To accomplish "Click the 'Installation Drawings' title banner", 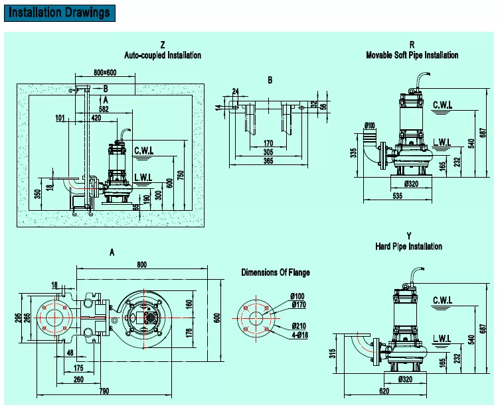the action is click(59, 13).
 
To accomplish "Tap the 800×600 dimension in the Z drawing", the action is click(105, 72).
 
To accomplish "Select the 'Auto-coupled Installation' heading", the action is click(163, 55).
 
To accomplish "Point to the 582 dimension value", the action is click(104, 109).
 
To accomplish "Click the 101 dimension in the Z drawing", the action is click(60, 118).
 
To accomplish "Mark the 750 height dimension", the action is click(181, 176).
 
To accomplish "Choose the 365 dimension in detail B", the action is click(268, 160).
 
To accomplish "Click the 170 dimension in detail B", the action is click(268, 143).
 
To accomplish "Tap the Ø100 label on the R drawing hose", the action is click(369, 125).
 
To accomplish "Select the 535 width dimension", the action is click(397, 196).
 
